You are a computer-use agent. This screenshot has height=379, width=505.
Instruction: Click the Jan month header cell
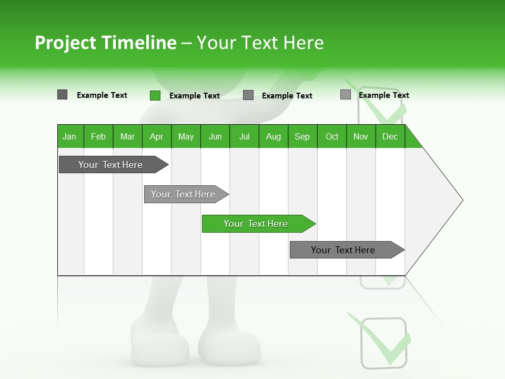pyautogui.click(x=70, y=136)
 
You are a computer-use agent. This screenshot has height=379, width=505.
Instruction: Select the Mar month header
pyautogui.click(x=127, y=136)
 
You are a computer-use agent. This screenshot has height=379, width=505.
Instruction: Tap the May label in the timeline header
pyautogui.click(x=186, y=136)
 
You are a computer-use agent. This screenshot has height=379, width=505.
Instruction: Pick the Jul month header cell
pyautogui.click(x=244, y=136)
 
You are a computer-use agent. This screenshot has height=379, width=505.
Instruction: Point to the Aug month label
pyautogui.click(x=274, y=136)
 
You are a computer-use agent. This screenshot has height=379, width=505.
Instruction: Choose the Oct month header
pyautogui.click(x=332, y=136)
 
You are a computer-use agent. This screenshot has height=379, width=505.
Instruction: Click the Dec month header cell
pyautogui.click(x=390, y=136)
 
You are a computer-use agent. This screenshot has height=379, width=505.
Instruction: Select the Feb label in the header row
pyautogui.click(x=98, y=136)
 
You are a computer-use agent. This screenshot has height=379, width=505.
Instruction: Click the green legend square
pyautogui.click(x=155, y=95)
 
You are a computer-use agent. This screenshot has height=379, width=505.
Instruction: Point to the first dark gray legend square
pyautogui.click(x=63, y=95)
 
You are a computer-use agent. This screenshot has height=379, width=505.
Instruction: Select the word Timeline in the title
pyautogui.click(x=138, y=43)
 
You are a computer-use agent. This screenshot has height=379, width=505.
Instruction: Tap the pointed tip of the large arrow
pyautogui.click(x=461, y=200)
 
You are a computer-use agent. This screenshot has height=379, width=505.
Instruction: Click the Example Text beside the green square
pyautogui.click(x=195, y=96)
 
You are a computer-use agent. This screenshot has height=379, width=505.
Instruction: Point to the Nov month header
pyautogui.click(x=361, y=136)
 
